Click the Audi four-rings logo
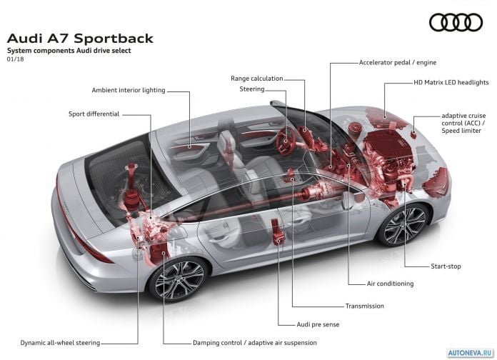click(456, 23)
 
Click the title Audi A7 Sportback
click(80, 39)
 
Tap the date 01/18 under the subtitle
click(15, 59)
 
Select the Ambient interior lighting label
click(129, 90)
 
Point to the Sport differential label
click(94, 114)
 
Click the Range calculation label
click(257, 79)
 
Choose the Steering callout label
click(252, 89)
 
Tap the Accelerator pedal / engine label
click(398, 62)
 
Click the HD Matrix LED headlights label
click(451, 82)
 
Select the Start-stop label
click(446, 266)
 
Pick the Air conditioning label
click(390, 284)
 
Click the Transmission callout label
click(364, 306)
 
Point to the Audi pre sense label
click(318, 324)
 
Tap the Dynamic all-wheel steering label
click(60, 343)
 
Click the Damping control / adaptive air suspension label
click(254, 343)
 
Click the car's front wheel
click(404, 225)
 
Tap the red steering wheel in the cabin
click(285, 141)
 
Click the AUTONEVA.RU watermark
click(471, 353)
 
